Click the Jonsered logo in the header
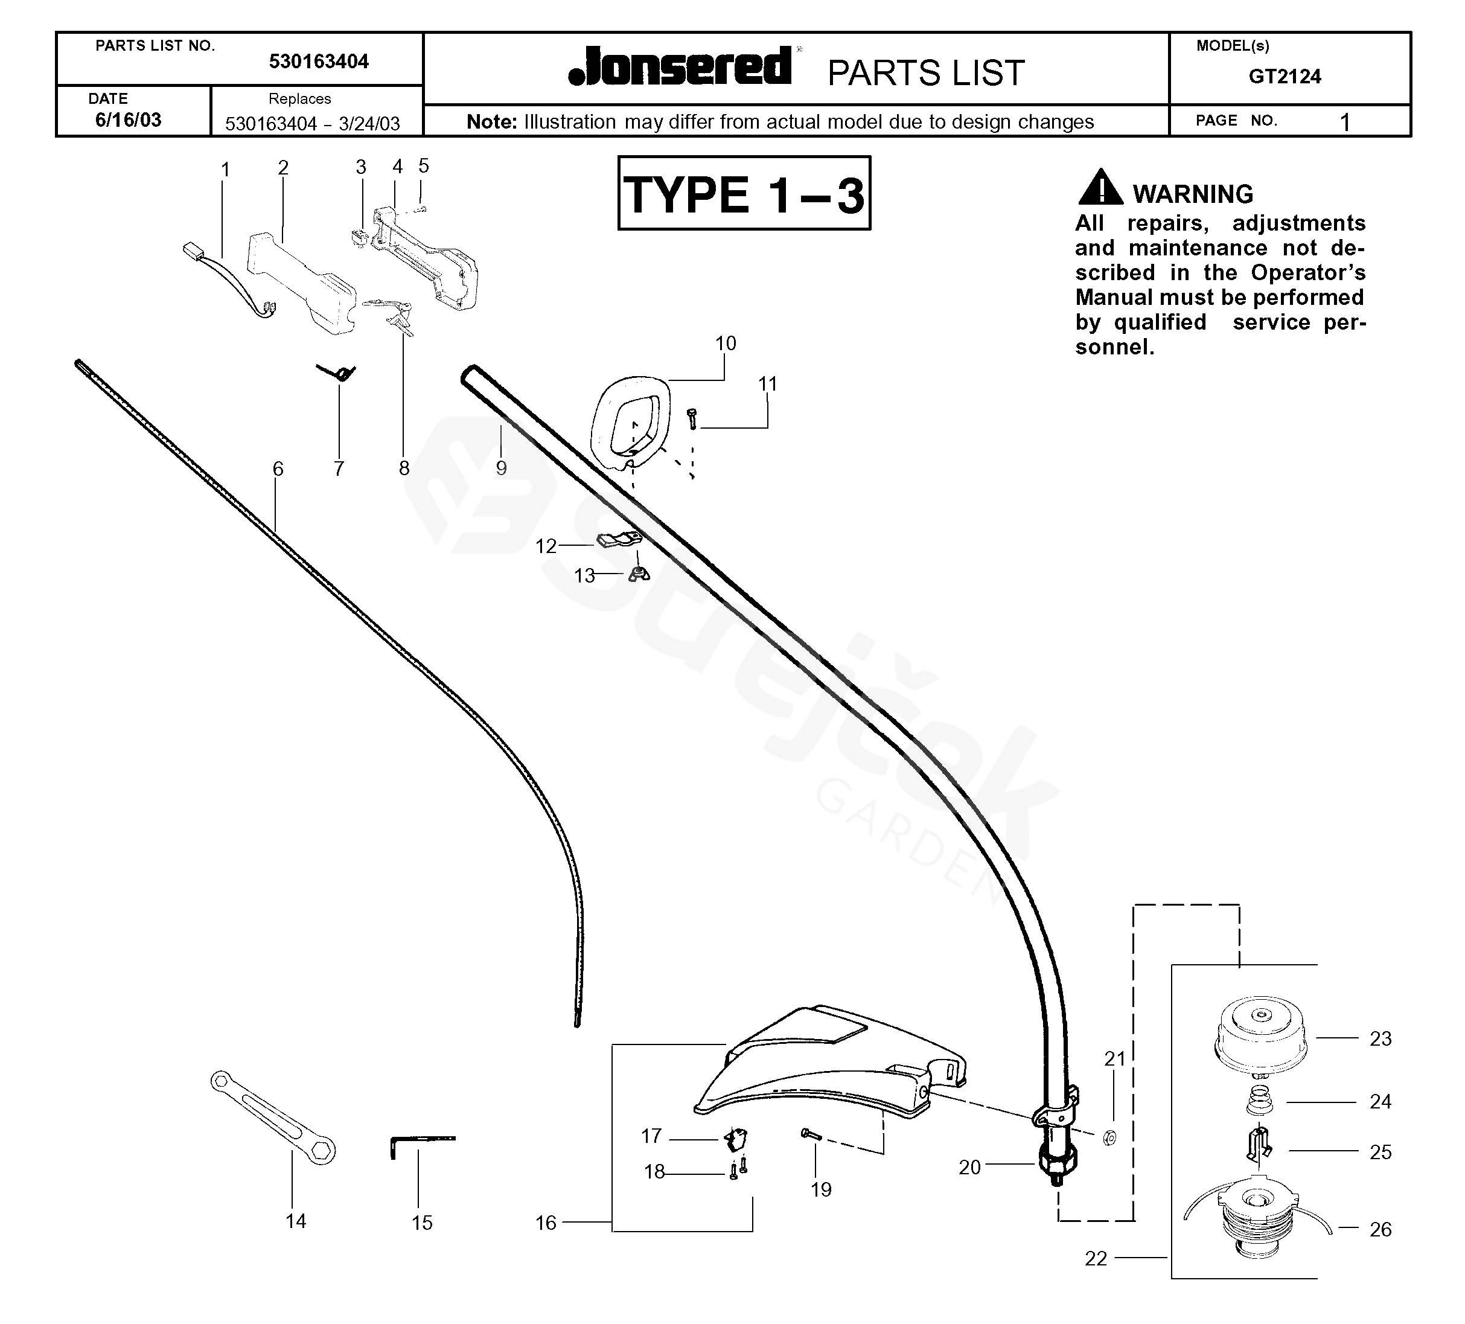click(680, 67)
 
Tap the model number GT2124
click(1284, 76)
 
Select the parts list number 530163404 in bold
click(318, 62)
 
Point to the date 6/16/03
click(128, 120)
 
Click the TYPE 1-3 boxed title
click(744, 194)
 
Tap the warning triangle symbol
click(1100, 188)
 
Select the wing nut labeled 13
click(638, 574)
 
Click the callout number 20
click(969, 1167)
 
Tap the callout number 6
click(278, 469)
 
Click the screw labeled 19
click(810, 1134)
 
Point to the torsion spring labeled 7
click(339, 372)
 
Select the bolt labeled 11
click(692, 418)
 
